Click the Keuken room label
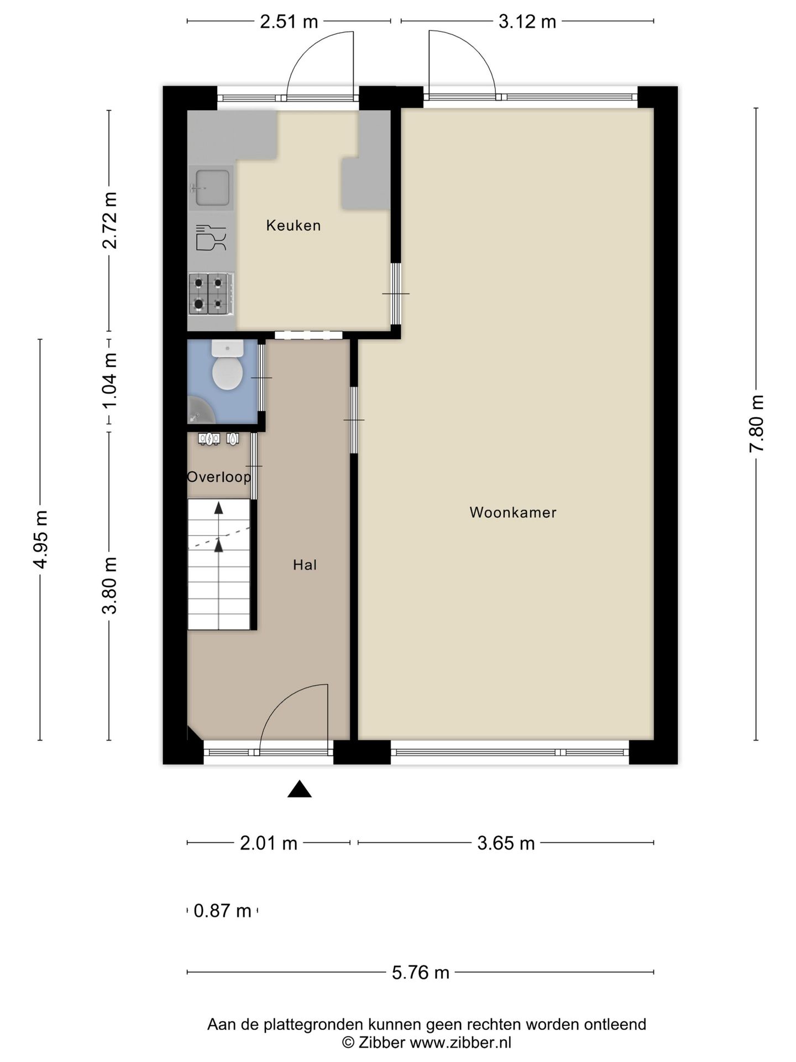point(293,225)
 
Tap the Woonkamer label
point(513,512)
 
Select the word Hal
point(305,565)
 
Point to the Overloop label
point(219,477)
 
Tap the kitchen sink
point(211,188)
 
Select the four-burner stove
point(211,294)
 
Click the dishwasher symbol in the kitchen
point(211,238)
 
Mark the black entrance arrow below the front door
point(300,789)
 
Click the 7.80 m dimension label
point(757,424)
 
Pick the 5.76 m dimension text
point(421,972)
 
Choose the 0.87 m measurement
point(222,910)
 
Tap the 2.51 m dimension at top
point(289,22)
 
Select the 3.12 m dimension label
point(527,22)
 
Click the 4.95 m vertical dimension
point(41,539)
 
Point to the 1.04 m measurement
point(109,381)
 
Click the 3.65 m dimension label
point(506,843)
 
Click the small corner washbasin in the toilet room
point(200,409)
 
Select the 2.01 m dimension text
point(269,843)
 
